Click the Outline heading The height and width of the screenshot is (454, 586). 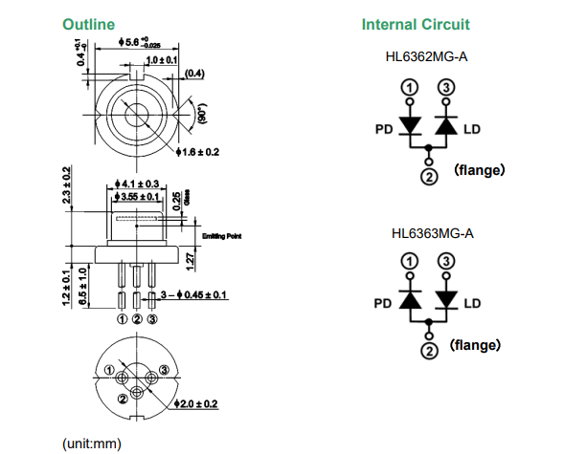(x=89, y=24)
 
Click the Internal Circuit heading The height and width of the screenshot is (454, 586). (x=416, y=24)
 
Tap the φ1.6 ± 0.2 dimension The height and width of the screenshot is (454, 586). (x=198, y=152)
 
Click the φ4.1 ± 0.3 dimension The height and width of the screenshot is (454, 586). (x=138, y=183)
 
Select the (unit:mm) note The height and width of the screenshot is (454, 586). (x=92, y=443)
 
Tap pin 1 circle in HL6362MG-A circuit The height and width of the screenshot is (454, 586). (x=409, y=87)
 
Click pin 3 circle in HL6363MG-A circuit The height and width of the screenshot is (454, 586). (x=445, y=262)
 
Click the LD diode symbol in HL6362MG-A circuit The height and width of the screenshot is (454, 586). (x=445, y=126)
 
